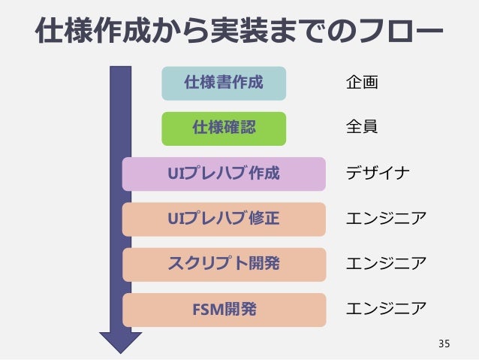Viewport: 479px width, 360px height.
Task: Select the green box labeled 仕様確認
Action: tap(224, 129)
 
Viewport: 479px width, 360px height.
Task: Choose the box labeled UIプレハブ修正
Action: tap(224, 219)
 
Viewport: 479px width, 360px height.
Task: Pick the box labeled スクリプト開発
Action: tap(224, 264)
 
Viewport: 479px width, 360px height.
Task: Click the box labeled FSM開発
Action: tap(224, 309)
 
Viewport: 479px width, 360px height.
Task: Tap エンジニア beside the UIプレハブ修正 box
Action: tap(385, 219)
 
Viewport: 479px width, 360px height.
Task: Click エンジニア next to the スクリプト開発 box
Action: tap(385, 264)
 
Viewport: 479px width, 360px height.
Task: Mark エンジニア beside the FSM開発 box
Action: tap(385, 309)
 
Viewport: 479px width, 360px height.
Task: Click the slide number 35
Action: tap(444, 344)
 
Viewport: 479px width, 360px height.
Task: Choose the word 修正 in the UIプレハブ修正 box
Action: tap(264, 219)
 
